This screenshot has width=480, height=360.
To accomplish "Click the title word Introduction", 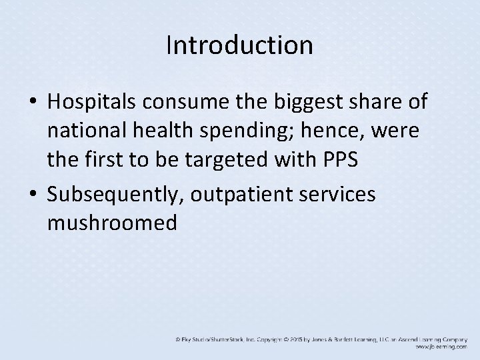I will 239,45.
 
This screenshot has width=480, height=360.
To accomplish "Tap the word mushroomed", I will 112,223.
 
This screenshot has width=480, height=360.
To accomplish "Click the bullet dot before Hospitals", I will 33,103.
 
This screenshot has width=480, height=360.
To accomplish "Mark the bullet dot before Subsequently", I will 33,195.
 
